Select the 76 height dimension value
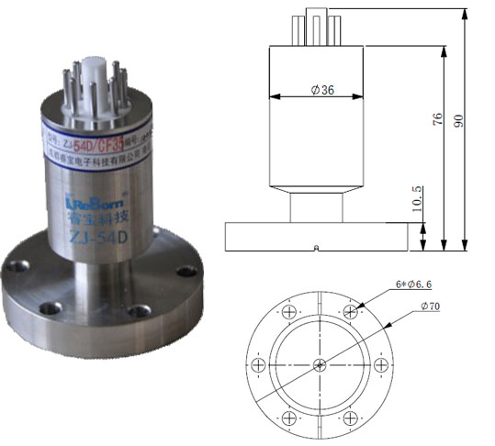click(437, 118)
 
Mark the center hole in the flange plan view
click(319, 364)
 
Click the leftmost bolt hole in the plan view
click(260, 364)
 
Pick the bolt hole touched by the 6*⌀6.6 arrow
click(348, 313)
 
